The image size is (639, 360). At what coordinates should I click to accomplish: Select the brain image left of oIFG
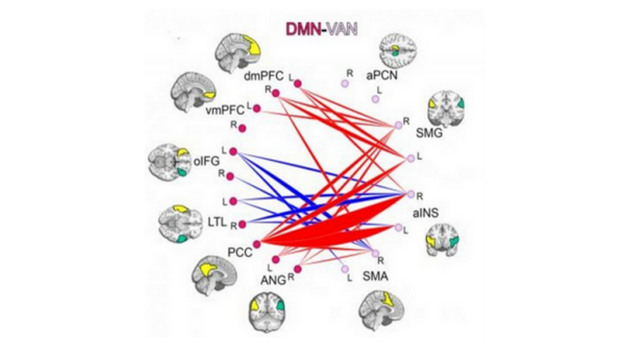point(169,160)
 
